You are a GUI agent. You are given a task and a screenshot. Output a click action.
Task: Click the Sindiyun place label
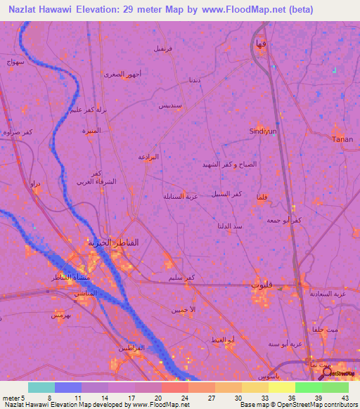[263, 131]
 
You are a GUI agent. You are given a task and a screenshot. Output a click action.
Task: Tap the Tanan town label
[342, 139]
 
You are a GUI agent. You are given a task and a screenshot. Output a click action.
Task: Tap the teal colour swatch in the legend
[41, 387]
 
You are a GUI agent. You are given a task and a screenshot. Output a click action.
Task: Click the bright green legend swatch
[309, 387]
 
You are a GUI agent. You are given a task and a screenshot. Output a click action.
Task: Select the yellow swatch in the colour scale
[282, 387]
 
